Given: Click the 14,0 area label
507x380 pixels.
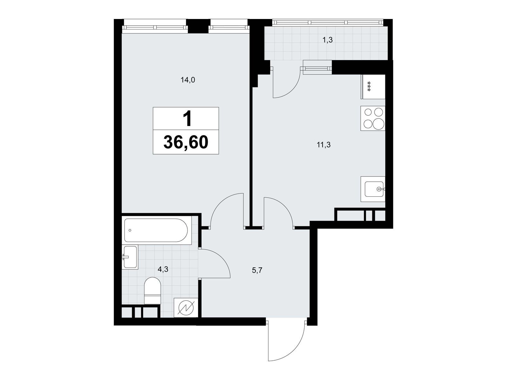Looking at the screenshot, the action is (188, 80).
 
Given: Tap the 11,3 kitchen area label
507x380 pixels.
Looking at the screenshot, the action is (324, 145).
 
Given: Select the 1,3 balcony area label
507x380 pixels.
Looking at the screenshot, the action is (328, 40).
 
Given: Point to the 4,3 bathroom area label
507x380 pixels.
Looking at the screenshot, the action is (163, 269).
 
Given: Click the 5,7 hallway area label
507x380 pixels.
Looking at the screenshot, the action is (257, 270).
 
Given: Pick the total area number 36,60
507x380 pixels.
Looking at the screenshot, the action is (186, 142).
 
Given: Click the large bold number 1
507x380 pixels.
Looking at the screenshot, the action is (187, 118).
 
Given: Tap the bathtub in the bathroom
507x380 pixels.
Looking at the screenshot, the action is (156, 230).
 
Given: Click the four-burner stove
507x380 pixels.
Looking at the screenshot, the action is (373, 118).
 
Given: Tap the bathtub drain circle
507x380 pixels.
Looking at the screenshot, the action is (130, 230).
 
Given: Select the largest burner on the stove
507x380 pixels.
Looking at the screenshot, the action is (379, 124).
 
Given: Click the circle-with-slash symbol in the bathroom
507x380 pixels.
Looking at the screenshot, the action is (186, 308).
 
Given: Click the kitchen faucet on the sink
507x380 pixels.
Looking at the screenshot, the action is (381, 189).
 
